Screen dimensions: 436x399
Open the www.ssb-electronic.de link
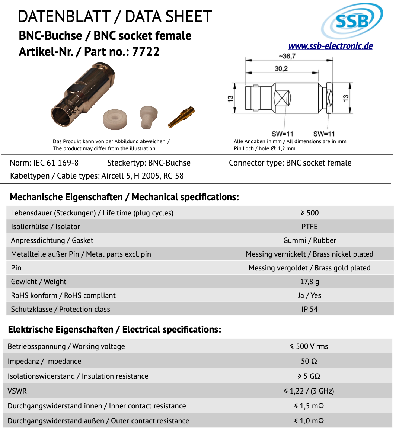coord(331,46)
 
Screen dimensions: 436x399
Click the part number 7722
coord(146,52)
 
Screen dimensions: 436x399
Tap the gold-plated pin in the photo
coord(182,117)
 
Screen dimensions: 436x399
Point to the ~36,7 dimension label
coord(287,56)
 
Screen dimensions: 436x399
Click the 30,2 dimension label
coord(281,68)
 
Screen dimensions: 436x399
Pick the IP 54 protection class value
coord(309,309)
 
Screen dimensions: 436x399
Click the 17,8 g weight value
coord(309,282)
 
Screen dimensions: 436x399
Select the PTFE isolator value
coord(309,227)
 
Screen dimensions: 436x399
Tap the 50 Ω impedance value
coord(309,361)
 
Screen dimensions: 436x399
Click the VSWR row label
coord(17,391)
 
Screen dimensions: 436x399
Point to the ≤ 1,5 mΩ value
coord(309,406)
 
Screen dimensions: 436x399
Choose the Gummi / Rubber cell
coord(309,240)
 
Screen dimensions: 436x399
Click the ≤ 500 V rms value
coord(309,346)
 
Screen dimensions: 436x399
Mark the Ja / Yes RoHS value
coord(309,295)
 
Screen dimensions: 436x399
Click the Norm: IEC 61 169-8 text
coord(44,163)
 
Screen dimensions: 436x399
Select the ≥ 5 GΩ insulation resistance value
coord(309,376)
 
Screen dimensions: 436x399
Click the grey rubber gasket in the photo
coord(149,116)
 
